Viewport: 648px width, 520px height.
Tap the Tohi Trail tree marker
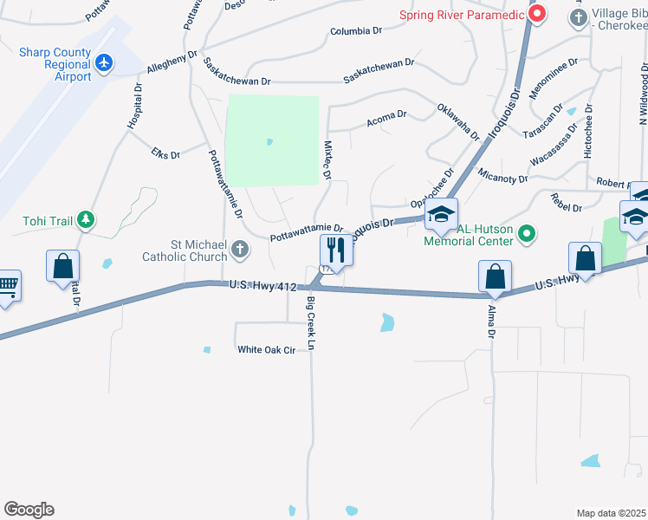click(85, 220)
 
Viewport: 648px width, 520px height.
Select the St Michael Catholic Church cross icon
click(240, 250)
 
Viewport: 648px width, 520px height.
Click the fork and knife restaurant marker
click(335, 250)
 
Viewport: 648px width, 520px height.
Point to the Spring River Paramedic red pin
click(537, 14)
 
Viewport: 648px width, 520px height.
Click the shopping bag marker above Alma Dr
click(495, 276)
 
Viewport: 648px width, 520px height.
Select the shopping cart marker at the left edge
click(7, 285)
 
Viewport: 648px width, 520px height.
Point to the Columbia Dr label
click(356, 31)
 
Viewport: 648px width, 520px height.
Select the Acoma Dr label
click(386, 115)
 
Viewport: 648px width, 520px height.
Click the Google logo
click(29, 510)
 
